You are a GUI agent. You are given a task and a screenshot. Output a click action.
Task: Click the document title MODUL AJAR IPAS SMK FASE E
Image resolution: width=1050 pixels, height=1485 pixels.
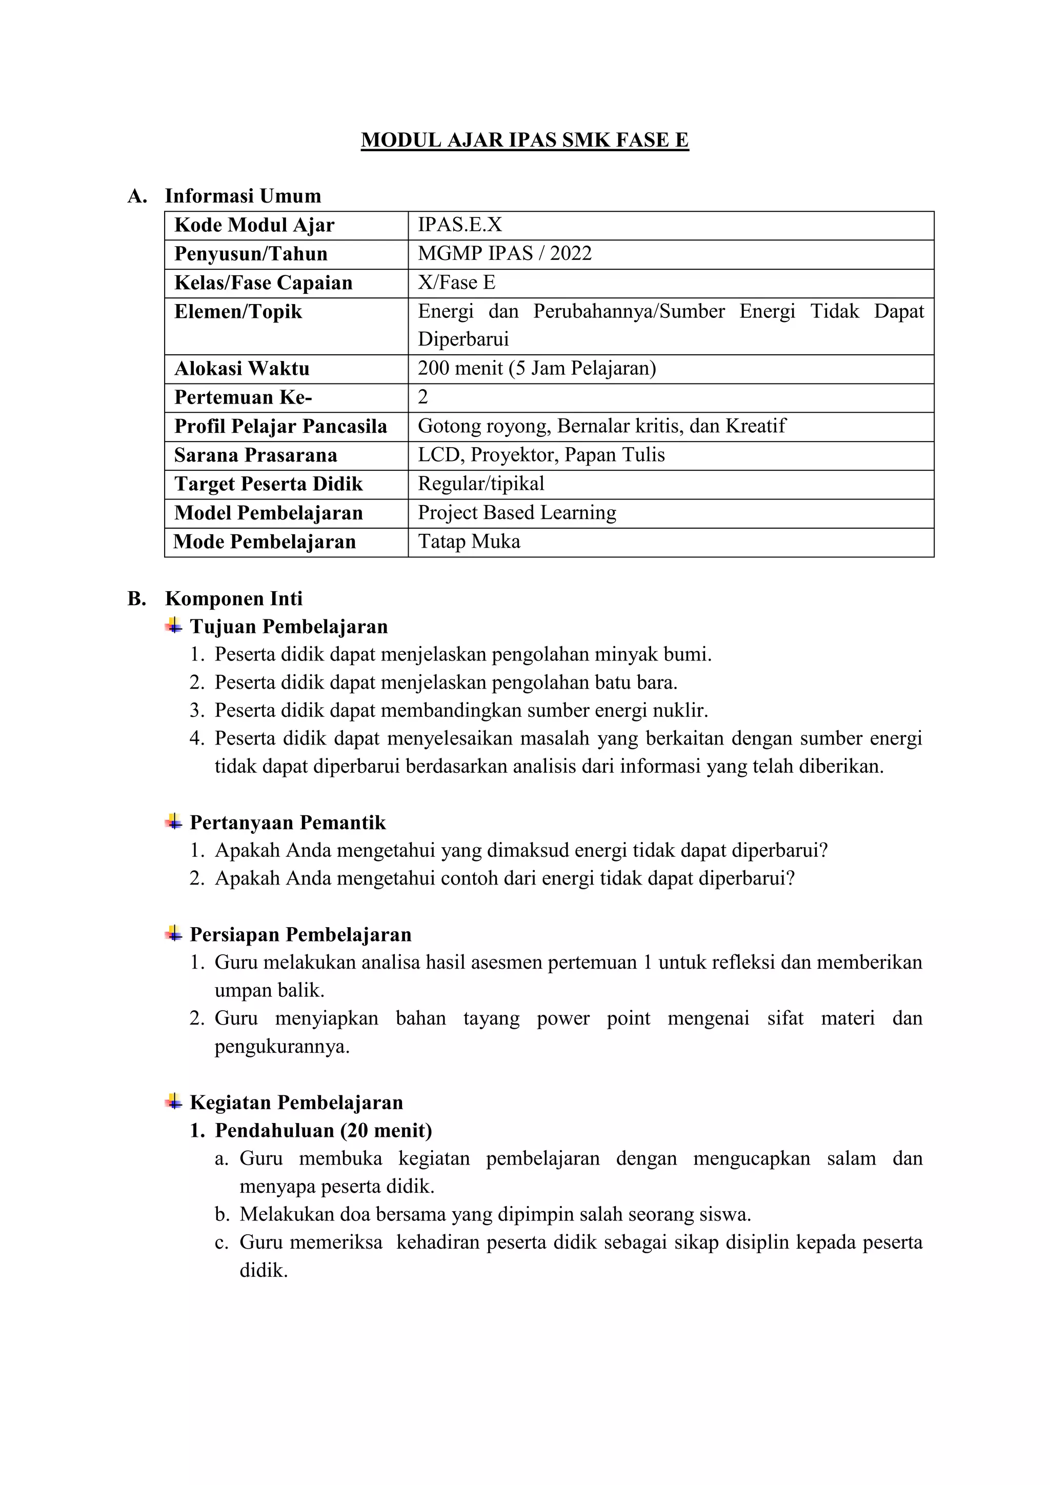524,141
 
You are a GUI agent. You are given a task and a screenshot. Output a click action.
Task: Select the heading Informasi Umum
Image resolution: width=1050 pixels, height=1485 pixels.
243,196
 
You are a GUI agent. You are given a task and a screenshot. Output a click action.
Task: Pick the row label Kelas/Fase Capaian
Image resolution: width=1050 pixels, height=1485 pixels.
263,283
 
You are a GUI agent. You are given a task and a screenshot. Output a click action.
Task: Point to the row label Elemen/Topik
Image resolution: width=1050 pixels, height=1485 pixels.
238,312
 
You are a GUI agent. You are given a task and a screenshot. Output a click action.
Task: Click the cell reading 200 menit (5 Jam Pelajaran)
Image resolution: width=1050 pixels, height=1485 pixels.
537,369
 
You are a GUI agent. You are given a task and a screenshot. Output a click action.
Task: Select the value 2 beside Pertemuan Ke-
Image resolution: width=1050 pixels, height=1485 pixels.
423,397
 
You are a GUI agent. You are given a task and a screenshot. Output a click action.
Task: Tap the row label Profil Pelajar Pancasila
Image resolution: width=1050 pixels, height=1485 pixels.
280,426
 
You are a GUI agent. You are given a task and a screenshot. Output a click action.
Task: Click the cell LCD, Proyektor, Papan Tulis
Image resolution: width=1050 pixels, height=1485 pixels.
541,455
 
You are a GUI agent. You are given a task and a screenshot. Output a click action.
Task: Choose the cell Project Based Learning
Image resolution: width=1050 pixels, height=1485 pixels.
517,513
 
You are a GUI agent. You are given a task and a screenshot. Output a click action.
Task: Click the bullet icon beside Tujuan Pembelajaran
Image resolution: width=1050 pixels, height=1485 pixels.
173,626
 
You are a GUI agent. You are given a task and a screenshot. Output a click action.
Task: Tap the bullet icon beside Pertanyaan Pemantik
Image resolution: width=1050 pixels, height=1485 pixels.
173,821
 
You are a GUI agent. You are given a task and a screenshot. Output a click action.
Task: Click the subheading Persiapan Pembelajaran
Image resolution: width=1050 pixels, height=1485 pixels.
300,935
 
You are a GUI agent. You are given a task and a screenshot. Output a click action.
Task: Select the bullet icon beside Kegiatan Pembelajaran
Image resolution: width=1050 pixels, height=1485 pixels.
173,1101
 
